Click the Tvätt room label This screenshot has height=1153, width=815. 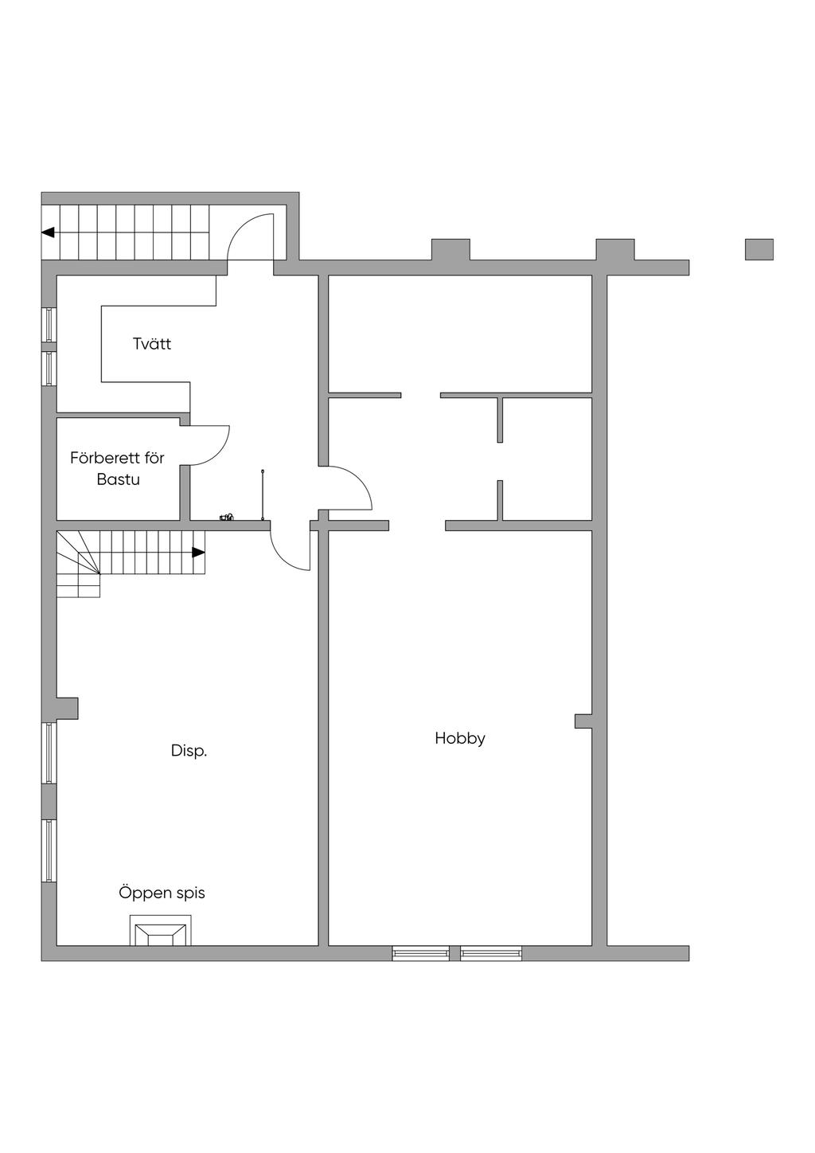[x=152, y=343]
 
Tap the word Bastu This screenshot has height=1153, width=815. [x=119, y=479]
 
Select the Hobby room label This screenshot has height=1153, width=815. [x=460, y=739]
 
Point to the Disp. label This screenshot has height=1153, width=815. [x=189, y=751]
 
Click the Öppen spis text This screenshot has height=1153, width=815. [x=162, y=893]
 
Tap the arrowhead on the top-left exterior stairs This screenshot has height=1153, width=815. [x=48, y=233]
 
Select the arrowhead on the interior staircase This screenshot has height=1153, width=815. [x=199, y=553]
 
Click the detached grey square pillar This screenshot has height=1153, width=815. [x=759, y=249]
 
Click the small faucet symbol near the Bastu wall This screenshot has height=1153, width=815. [x=226, y=517]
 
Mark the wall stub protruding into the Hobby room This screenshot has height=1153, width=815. [x=583, y=721]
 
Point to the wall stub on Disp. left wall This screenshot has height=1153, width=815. [x=67, y=708]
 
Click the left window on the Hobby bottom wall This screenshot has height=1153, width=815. [x=421, y=953]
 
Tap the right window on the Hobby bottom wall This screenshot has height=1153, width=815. [x=491, y=953]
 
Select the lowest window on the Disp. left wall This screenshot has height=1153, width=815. [x=49, y=851]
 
